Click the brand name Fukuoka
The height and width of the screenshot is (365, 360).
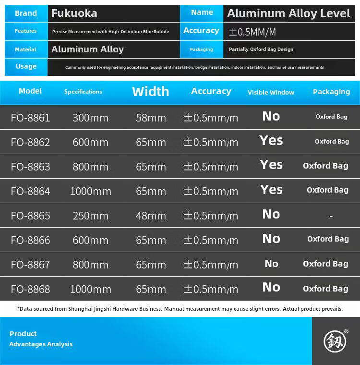(74, 13)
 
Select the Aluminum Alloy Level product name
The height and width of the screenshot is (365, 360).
(288, 13)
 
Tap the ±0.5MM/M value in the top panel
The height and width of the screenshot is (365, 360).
(252, 32)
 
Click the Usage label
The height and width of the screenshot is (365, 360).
(26, 66)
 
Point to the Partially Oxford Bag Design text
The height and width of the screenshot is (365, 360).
(261, 49)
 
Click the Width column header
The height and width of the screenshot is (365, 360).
(150, 91)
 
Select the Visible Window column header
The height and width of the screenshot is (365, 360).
(271, 92)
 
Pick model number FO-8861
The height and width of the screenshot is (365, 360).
(30, 118)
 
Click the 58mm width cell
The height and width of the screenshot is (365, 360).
(151, 118)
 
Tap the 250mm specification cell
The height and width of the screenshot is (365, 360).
(90, 216)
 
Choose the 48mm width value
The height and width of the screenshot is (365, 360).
(151, 216)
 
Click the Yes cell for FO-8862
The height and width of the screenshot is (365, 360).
(271, 141)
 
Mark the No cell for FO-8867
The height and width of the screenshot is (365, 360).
(271, 263)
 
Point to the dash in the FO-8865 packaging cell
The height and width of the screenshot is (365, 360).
(331, 217)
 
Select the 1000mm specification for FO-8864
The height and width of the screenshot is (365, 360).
(90, 191)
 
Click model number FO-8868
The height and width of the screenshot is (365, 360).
(30, 289)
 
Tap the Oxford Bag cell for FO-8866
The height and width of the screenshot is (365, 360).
(328, 239)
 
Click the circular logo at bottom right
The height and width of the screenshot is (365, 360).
(335, 341)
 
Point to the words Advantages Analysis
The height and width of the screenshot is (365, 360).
(41, 344)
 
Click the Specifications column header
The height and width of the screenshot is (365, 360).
(83, 92)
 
